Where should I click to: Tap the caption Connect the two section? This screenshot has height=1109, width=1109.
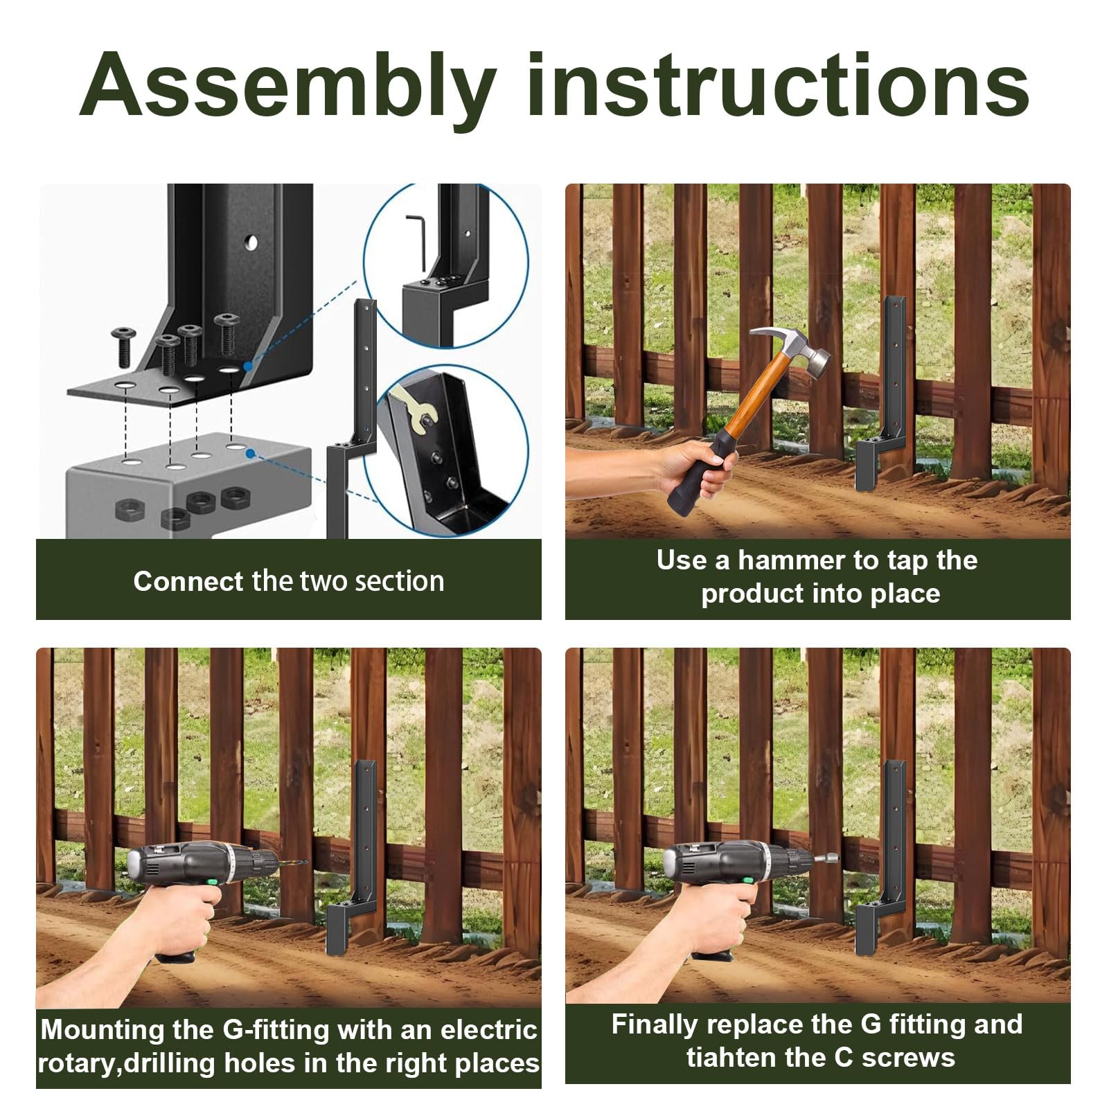pos(288,581)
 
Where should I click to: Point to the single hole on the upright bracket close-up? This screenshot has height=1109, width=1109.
pos(251,242)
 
